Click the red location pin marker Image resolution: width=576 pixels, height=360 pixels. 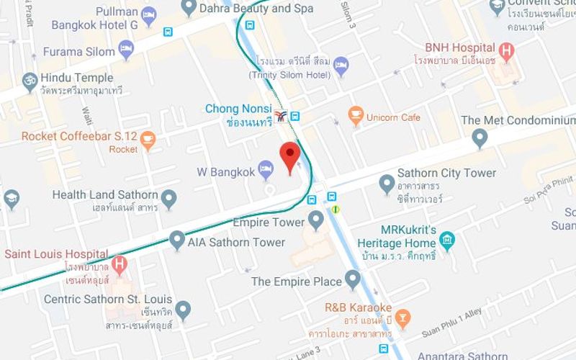[x=289, y=156]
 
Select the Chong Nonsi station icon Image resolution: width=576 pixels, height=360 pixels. [x=280, y=116]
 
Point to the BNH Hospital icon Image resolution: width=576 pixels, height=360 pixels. [x=508, y=51]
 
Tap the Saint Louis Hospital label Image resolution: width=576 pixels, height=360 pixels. [x=56, y=254]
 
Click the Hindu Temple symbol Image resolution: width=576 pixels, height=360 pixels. [x=30, y=80]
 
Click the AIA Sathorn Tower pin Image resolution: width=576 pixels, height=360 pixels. [x=177, y=240]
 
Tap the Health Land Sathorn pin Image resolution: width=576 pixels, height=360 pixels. [x=168, y=197]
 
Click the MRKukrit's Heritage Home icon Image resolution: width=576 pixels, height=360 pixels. [x=447, y=240]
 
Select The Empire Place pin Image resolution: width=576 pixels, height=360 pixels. [x=352, y=279]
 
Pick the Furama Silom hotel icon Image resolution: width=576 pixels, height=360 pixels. [x=127, y=50]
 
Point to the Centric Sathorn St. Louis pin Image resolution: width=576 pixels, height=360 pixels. [x=183, y=310]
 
